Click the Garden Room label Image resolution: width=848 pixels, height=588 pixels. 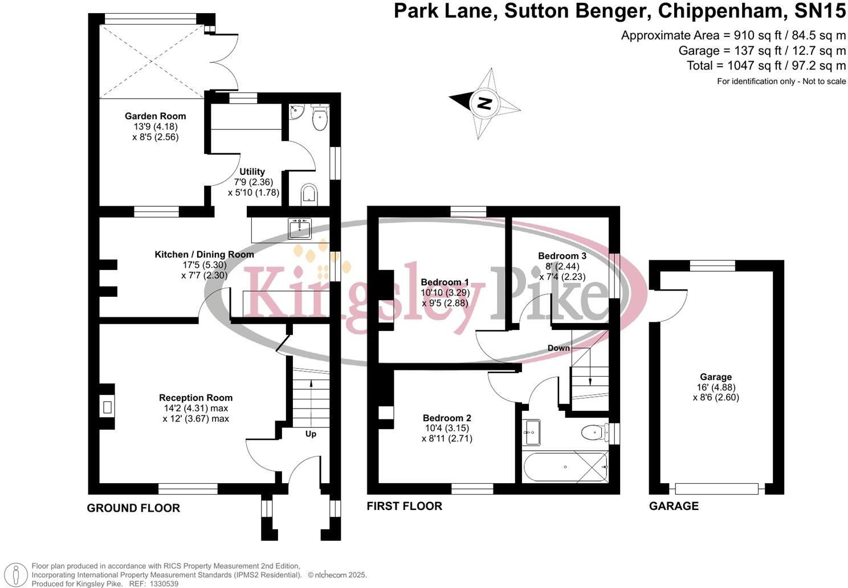[x=155, y=116]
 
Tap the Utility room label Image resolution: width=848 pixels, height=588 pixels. [x=252, y=171]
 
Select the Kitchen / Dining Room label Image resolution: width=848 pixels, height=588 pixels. [x=204, y=254]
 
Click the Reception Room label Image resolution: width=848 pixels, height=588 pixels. [x=195, y=398]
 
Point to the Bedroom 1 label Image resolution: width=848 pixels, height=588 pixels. [x=445, y=282]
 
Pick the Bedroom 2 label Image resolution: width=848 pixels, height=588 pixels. [x=447, y=418]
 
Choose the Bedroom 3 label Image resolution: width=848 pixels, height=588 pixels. [x=562, y=256]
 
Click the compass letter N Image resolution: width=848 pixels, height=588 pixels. [x=484, y=103]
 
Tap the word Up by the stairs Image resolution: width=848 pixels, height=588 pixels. [x=311, y=434]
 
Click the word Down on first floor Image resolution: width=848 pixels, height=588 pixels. [x=558, y=348]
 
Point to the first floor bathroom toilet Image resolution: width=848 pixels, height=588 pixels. [x=593, y=433]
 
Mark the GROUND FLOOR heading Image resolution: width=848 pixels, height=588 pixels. [x=133, y=508]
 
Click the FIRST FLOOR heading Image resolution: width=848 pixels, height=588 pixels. [x=404, y=506]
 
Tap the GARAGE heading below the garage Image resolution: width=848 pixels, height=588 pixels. [x=674, y=506]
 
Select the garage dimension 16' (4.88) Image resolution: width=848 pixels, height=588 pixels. [x=716, y=387]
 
